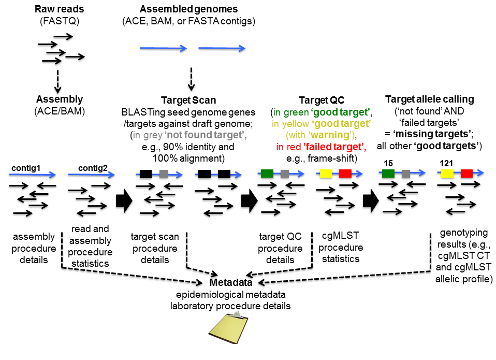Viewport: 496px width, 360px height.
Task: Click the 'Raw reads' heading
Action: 60,10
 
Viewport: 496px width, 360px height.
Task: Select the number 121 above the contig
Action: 447,164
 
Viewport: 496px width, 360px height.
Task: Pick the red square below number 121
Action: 466,174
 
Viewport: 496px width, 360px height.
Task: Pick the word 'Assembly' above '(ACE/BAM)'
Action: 60,99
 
